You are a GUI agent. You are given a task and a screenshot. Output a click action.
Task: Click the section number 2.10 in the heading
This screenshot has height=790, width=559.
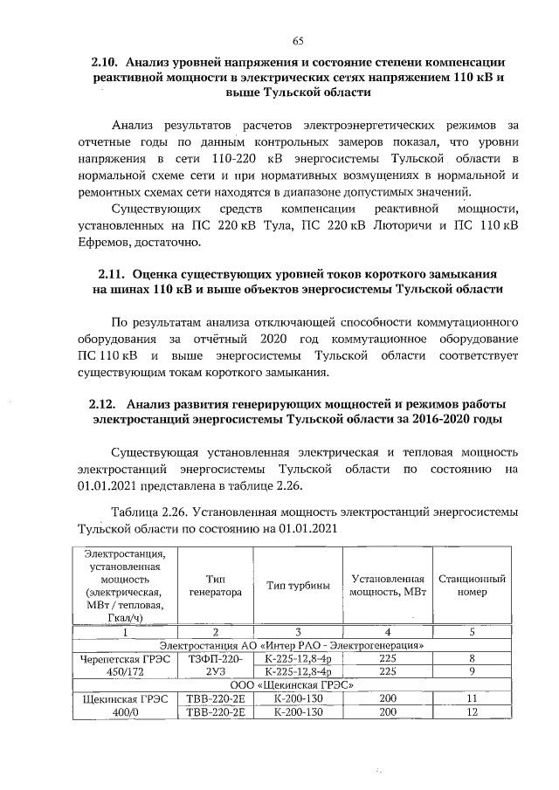tap(107, 64)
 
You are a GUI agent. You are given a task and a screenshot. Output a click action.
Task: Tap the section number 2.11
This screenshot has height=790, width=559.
tap(114, 272)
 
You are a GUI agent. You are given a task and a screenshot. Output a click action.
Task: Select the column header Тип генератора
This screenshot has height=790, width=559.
tap(215, 585)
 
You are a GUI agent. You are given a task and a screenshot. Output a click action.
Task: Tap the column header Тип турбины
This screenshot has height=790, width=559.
tap(298, 585)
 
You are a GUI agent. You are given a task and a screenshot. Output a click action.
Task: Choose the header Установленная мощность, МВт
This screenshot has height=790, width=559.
tap(387, 585)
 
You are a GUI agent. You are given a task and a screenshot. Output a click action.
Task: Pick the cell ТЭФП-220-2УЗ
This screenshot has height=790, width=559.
tap(215, 666)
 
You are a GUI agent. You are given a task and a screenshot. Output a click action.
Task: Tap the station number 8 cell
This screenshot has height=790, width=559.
tap(472, 659)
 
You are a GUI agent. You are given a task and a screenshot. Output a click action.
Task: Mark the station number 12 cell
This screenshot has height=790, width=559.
tap(472, 713)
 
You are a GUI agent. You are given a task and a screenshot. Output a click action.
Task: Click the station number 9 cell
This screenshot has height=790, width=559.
tap(472, 673)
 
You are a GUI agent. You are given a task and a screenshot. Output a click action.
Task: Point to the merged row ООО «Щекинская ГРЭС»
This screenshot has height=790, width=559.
tap(298, 686)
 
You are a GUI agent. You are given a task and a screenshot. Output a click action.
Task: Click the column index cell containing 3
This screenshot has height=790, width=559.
tap(298, 631)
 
